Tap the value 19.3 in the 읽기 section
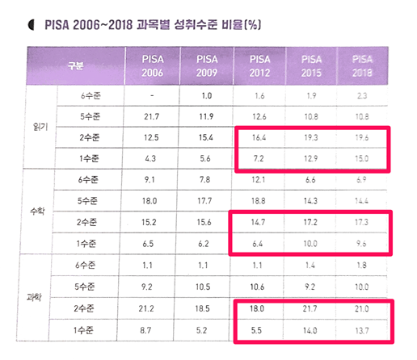click(310, 138)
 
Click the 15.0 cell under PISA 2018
click(361, 159)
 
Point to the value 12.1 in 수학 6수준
click(259, 178)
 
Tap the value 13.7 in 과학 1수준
click(361, 329)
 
